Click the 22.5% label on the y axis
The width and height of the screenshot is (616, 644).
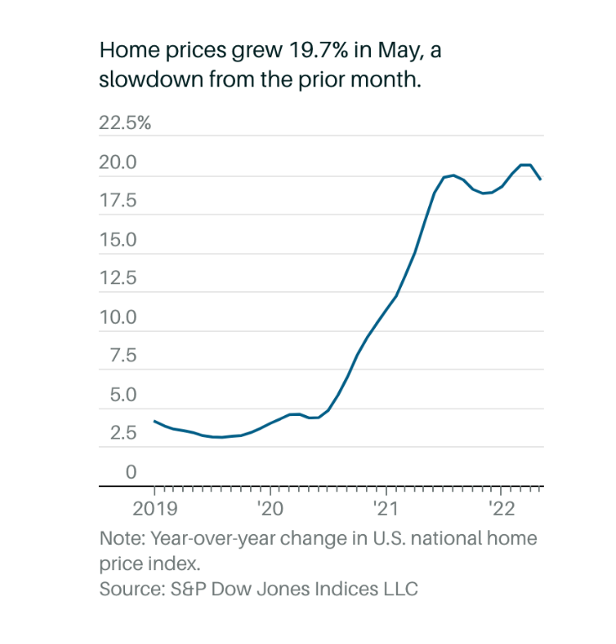click(x=125, y=123)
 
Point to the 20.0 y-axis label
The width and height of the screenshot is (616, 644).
click(x=117, y=163)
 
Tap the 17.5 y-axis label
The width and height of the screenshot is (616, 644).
click(x=117, y=201)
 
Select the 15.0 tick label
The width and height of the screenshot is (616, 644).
click(x=117, y=240)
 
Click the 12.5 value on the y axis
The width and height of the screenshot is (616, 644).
click(x=117, y=278)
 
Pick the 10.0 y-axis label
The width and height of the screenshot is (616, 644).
click(x=117, y=318)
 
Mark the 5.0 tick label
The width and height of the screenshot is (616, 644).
click(x=117, y=395)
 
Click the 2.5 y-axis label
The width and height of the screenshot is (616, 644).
click(x=117, y=434)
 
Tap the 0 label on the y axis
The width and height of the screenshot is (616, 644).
click(x=131, y=472)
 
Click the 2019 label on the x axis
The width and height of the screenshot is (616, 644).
click(x=154, y=508)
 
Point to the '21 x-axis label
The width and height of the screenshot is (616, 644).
click(x=386, y=508)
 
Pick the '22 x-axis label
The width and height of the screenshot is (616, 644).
click(x=501, y=508)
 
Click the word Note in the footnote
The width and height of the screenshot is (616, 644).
click(x=120, y=538)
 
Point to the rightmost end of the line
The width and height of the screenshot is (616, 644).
click(x=540, y=179)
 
